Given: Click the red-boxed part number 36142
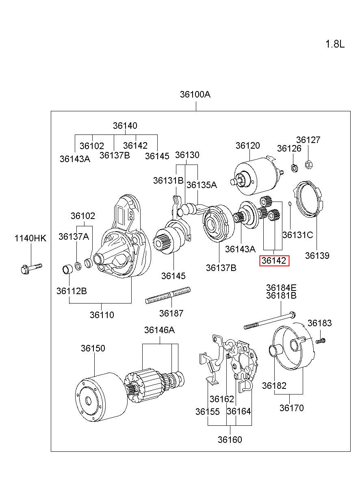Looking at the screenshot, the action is [274, 261].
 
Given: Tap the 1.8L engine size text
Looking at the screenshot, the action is [335, 44].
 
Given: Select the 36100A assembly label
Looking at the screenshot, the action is [195, 94].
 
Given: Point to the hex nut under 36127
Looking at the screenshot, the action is [309, 164].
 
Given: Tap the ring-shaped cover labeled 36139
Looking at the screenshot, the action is [309, 199].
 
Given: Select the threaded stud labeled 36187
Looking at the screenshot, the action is [168, 296].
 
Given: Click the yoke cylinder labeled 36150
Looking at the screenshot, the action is [101, 397].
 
